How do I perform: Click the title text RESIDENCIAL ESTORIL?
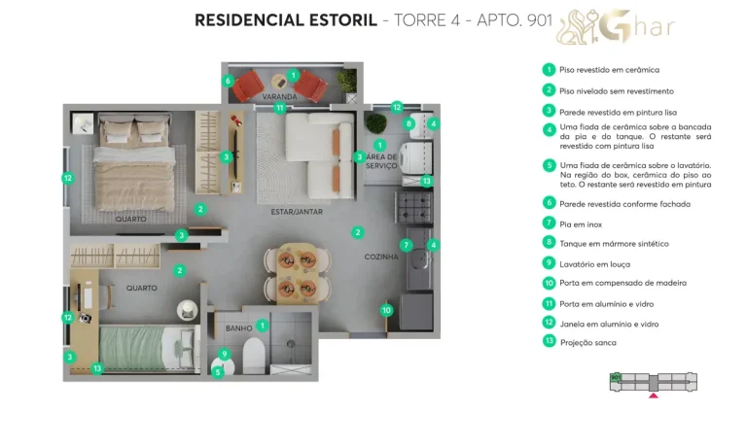tap(285, 20)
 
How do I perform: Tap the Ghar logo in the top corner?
tap(615, 27)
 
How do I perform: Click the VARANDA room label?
tap(279, 98)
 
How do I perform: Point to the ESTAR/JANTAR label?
tap(297, 211)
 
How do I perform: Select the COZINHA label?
tap(381, 257)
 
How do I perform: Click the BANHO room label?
tap(238, 327)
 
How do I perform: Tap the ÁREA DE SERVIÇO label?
tap(380, 160)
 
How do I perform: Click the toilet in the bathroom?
tap(253, 355)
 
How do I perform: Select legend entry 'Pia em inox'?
tap(581, 224)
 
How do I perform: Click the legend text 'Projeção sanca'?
tap(587, 342)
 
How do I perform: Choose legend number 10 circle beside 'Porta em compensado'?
tap(550, 283)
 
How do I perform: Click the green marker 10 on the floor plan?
tap(386, 311)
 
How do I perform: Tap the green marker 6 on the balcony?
tap(229, 82)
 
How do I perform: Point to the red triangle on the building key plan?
tap(654, 396)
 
